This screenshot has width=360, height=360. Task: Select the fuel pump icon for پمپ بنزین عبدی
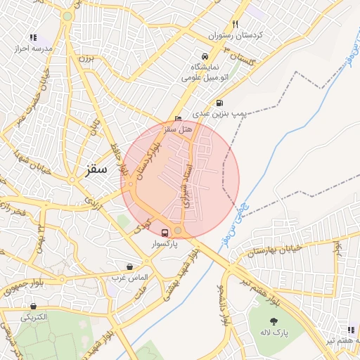click(x=220, y=103)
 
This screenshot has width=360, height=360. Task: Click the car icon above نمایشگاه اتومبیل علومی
click(x=204, y=56)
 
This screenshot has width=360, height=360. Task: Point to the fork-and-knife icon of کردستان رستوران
click(x=236, y=24)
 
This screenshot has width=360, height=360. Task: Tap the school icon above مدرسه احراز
click(x=33, y=38)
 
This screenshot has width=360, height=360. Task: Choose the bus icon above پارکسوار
click(x=165, y=233)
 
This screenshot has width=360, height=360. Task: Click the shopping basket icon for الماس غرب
click(x=130, y=266)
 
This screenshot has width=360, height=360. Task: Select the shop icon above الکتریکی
click(x=33, y=306)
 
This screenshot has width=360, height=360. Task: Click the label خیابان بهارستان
click(x=276, y=250)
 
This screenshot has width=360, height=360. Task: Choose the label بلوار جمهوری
click(x=22, y=287)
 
